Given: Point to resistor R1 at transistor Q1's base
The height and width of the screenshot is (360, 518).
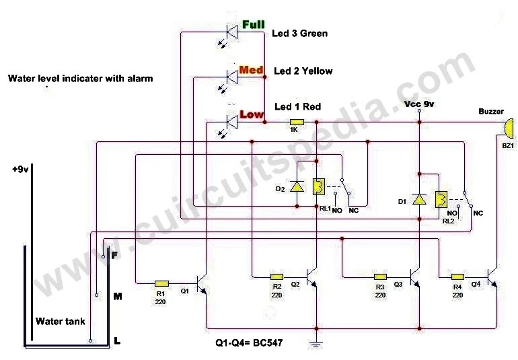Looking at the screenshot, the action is [x=161, y=284].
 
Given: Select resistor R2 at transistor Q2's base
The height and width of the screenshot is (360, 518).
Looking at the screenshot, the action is [x=277, y=277].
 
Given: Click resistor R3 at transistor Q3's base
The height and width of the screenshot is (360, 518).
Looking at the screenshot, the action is [x=380, y=277].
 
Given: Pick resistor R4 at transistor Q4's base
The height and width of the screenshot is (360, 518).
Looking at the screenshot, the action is [x=457, y=277].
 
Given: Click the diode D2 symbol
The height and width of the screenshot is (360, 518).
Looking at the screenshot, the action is [x=297, y=186].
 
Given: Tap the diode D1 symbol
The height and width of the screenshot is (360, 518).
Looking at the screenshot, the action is [x=419, y=199].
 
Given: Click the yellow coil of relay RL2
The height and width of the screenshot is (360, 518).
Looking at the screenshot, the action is [x=441, y=199].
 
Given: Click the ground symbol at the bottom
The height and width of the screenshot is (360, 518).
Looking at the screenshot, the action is [x=313, y=345].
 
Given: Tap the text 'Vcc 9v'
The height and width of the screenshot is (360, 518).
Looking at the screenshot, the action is [x=419, y=104].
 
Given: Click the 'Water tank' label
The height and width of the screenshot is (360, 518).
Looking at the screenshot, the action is [x=61, y=322].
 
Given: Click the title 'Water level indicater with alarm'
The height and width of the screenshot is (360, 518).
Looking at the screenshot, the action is [x=80, y=78].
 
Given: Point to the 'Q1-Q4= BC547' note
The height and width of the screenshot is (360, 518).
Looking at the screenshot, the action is [x=250, y=343].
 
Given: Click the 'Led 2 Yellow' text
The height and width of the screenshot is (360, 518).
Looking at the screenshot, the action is [x=303, y=71].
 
